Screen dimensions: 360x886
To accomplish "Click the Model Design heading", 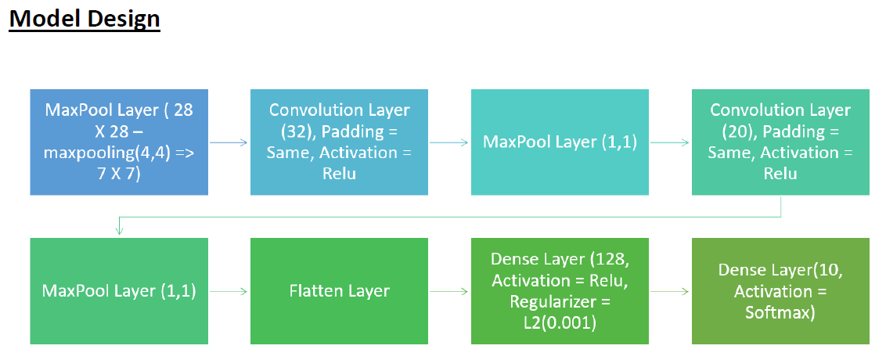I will click(x=85, y=18).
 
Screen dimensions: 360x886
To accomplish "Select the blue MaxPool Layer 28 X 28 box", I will click(x=119, y=142).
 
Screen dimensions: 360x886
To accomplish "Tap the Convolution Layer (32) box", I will click(x=339, y=142).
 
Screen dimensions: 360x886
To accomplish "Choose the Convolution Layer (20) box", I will click(x=780, y=142).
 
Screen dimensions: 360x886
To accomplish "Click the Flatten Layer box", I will click(x=339, y=291).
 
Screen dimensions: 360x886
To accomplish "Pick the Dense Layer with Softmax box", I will click(x=780, y=291).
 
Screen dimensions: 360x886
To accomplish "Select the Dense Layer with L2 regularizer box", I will click(x=560, y=291).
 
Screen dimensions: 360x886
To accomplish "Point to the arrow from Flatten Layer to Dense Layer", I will click(x=449, y=291).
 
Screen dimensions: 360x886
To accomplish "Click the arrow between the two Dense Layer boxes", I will click(x=670, y=291).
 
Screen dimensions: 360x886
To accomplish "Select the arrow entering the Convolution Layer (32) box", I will click(x=229, y=142).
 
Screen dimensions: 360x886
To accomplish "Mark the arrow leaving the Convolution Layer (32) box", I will click(x=449, y=142).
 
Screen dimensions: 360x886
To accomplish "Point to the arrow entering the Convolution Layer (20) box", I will click(x=670, y=142).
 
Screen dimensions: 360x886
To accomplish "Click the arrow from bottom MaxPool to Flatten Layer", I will click(x=229, y=291).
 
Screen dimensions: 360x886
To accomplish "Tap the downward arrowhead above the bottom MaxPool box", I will click(x=119, y=230).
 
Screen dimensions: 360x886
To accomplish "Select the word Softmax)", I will click(x=780, y=312).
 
